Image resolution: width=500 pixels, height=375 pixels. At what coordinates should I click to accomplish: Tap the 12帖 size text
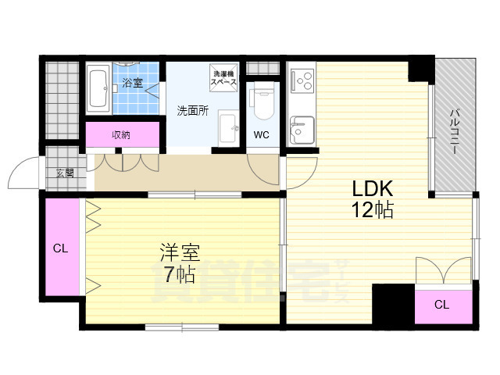click(372, 209)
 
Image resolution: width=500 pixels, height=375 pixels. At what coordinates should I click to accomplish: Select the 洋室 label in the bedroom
click(180, 252)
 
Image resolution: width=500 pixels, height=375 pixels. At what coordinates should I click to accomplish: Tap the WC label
click(260, 134)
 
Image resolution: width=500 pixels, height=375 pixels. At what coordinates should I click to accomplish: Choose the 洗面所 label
click(191, 111)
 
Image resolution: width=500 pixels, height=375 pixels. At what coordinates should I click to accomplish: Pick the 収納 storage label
click(121, 134)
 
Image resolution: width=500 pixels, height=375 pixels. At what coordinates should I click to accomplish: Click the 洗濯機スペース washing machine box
click(223, 78)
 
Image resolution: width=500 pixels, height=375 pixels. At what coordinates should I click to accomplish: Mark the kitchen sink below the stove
click(302, 129)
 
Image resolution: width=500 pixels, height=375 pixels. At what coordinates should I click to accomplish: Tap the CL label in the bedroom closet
click(60, 249)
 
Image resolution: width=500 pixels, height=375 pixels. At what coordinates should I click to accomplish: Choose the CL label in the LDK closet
click(441, 305)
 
